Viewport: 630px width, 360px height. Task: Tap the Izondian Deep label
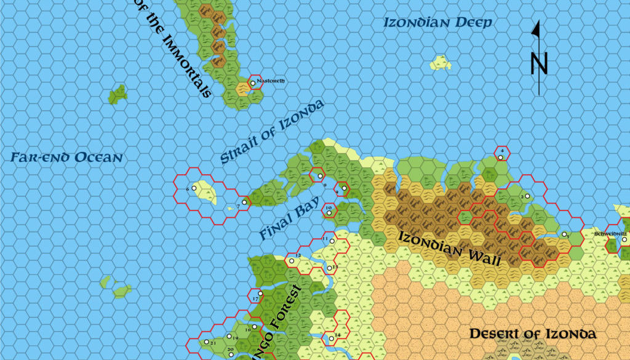pyautogui.click(x=437, y=23)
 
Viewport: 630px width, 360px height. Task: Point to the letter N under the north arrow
pyautogui.click(x=539, y=62)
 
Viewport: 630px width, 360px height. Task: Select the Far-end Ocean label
pyautogui.click(x=66, y=158)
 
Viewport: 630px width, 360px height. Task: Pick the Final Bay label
pyautogui.click(x=289, y=219)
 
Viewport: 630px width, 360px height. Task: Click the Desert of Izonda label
pyautogui.click(x=533, y=334)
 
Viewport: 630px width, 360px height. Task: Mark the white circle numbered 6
pyautogui.click(x=194, y=188)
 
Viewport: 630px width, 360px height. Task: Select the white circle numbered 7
pyautogui.click(x=244, y=201)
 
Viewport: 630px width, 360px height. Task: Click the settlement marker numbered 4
pyautogui.click(x=502, y=157)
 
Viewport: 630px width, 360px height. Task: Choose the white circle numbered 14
pyautogui.click(x=331, y=339)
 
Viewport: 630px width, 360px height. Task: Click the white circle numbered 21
pyautogui.click(x=207, y=342)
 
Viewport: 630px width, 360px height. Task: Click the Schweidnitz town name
pyautogui.click(x=610, y=234)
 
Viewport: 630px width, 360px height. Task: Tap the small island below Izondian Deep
pyautogui.click(x=441, y=62)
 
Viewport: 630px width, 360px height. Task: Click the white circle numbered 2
pyautogui.click(x=527, y=196)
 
